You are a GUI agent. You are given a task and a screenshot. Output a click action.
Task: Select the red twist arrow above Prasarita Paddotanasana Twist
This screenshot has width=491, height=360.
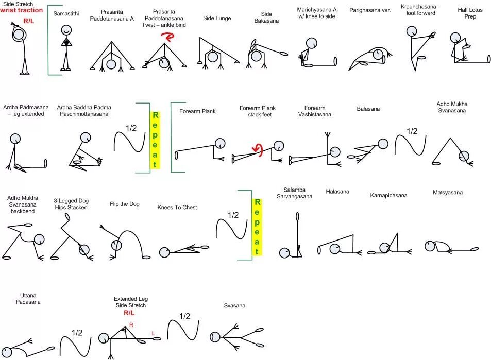pos(167,37)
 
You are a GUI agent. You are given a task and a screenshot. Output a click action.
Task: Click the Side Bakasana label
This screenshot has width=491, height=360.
pos(266,18)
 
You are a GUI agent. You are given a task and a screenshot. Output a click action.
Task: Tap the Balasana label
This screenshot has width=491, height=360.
pos(368,109)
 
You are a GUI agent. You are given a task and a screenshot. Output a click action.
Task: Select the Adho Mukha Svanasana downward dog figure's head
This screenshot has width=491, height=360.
pos(464,156)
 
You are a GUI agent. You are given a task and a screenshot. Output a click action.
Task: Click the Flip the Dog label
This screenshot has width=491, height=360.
pos(125,204)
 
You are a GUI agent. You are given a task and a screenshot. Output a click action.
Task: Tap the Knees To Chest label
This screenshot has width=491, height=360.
pos(177,207)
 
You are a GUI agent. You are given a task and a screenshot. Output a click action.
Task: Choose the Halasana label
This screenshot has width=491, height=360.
pos(337,192)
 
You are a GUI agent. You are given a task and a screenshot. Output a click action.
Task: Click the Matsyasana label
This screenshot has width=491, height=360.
pos(448,193)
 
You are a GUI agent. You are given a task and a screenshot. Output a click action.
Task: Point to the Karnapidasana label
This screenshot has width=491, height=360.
pos(388,195)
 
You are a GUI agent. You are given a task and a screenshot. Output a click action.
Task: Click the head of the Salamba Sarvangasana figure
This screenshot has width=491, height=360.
pos(285,252)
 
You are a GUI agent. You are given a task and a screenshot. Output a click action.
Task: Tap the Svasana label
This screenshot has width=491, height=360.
pos(234,305)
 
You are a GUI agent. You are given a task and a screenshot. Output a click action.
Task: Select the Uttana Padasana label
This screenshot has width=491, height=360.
pos(30,298)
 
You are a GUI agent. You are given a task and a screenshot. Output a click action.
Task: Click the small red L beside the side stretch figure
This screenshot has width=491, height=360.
pos(153,334)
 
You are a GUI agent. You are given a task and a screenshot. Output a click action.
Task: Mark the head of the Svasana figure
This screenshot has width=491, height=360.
pos(215,337)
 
